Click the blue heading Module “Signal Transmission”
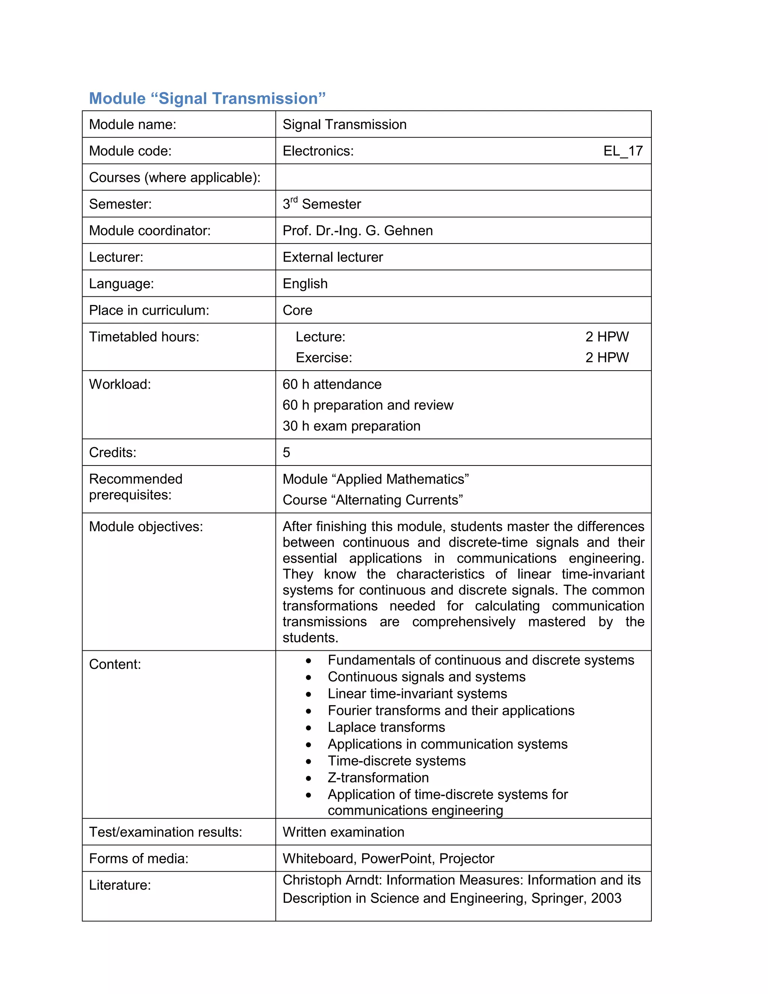pyautogui.click(x=207, y=98)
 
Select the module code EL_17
pyautogui.click(x=622, y=151)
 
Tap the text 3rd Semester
pyautogui.click(x=321, y=204)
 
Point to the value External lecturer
pyautogui.click(x=333, y=257)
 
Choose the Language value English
pyautogui.click(x=305, y=284)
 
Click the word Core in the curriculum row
pyautogui.click(x=297, y=311)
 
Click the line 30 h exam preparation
pyautogui.click(x=351, y=426)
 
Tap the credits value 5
pyautogui.click(x=286, y=452)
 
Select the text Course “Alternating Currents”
pyautogui.click(x=373, y=500)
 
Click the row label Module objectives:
pyautogui.click(x=145, y=527)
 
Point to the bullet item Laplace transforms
pyautogui.click(x=386, y=727)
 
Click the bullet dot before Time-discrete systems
pyautogui.click(x=309, y=761)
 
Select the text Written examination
pyautogui.click(x=343, y=832)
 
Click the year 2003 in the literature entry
pyautogui.click(x=606, y=898)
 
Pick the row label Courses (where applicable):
pyautogui.click(x=175, y=177)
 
